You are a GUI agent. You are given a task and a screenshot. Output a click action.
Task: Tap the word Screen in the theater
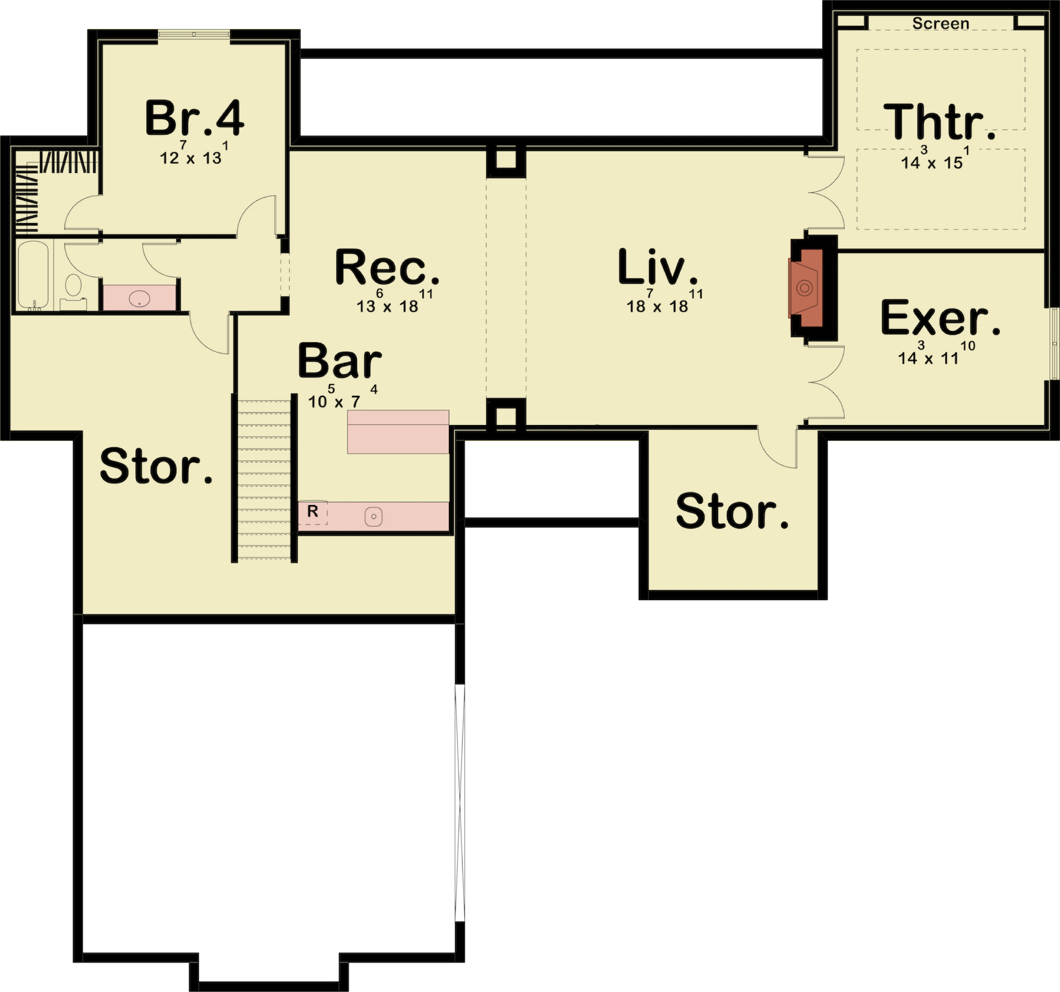click(941, 24)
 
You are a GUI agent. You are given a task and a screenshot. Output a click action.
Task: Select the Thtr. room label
click(940, 122)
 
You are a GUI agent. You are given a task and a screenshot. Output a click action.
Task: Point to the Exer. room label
click(940, 317)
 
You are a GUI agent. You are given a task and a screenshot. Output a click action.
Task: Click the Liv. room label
click(658, 267)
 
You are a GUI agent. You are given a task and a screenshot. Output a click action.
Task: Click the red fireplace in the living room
click(806, 288)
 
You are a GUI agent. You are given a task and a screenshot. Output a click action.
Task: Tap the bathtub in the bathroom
click(33, 275)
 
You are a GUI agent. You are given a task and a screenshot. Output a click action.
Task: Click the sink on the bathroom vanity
click(139, 299)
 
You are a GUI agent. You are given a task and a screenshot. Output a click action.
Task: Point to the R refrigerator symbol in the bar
click(312, 512)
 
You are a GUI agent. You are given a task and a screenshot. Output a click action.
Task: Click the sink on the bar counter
click(374, 517)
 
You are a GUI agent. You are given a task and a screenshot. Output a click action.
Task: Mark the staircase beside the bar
click(264, 479)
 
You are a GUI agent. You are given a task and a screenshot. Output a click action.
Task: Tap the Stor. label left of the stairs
click(156, 466)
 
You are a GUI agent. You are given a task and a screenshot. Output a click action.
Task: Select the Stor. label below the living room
click(732, 511)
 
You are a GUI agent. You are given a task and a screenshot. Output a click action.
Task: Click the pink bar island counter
click(398, 432)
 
